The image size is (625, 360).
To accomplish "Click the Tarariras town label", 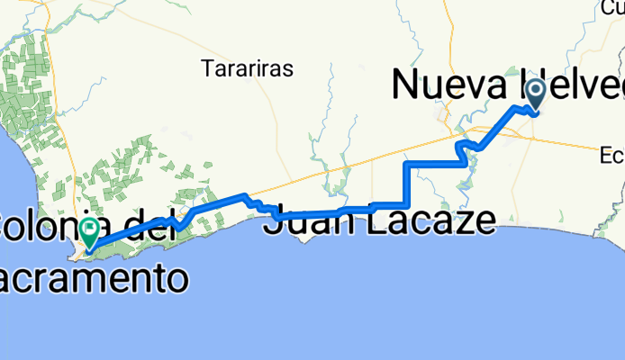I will click(x=241, y=67).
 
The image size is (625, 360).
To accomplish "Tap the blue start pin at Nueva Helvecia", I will click(x=537, y=94).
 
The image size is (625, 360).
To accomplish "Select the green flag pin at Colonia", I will click(x=90, y=230).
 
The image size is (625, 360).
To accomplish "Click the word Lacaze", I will click(x=432, y=220).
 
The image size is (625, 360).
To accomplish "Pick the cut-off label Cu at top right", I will click(x=615, y=8).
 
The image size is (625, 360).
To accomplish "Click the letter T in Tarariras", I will click(x=207, y=67).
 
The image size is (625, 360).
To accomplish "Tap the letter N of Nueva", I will click(x=405, y=86).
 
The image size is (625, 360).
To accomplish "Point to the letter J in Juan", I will click(x=271, y=220).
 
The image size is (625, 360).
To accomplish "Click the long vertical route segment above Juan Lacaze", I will click(x=407, y=184).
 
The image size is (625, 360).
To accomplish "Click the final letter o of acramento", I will click(x=177, y=280).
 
